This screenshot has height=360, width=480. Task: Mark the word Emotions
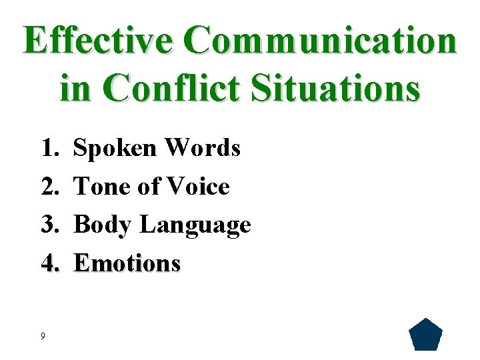127,263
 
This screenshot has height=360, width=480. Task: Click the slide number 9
43,336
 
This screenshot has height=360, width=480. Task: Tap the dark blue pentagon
425,335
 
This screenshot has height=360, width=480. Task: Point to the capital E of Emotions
81,263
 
